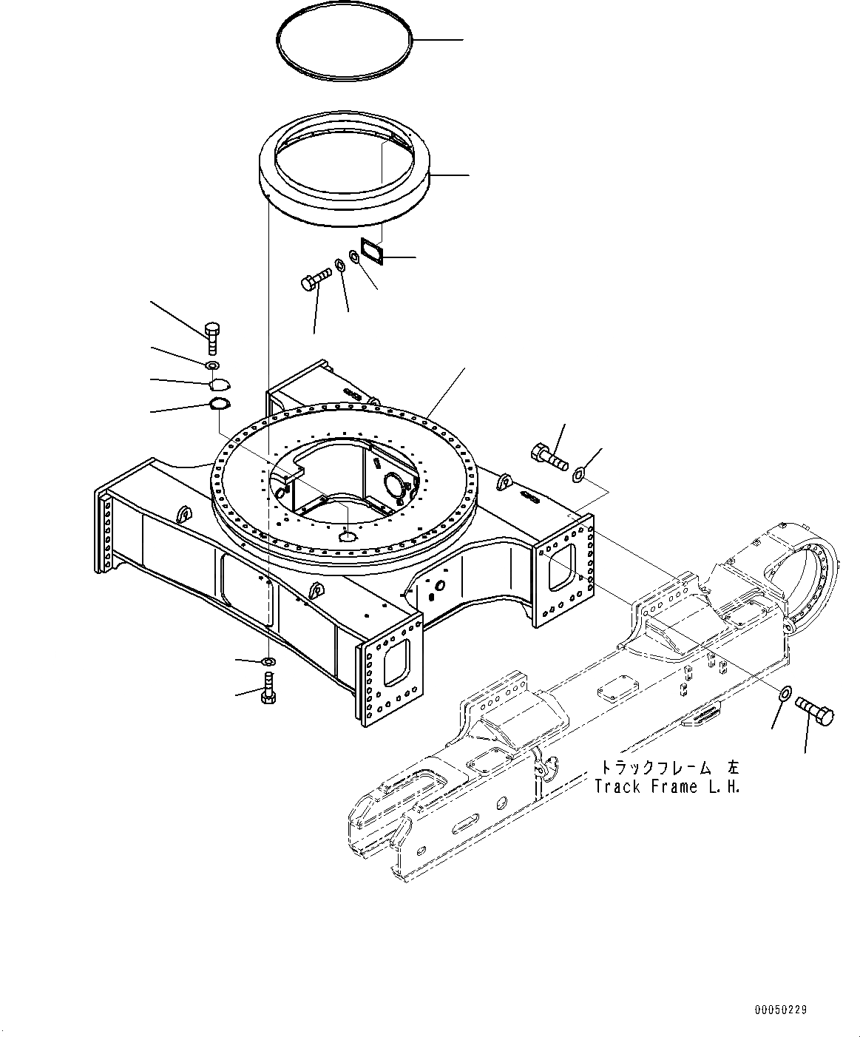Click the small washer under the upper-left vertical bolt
click(x=212, y=365)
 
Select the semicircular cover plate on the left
click(x=220, y=384)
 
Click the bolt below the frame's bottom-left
click(x=268, y=689)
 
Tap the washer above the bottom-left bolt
click(x=269, y=661)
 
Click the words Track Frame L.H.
click(x=667, y=787)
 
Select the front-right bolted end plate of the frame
click(x=390, y=671)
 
